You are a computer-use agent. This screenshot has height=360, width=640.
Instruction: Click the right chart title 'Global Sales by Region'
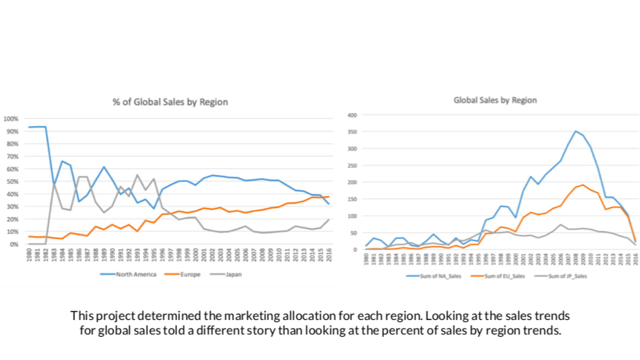click(495, 101)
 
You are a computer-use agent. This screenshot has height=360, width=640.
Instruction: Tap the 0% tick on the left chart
click(14, 244)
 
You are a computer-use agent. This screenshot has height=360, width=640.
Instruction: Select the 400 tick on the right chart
click(351, 115)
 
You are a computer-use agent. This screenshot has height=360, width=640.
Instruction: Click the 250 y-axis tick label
click(351, 165)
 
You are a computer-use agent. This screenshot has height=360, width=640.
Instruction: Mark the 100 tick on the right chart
click(351, 216)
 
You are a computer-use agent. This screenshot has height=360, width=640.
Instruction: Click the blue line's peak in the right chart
click(576, 131)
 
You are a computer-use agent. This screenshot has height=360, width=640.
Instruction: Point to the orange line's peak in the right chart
click(582, 184)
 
